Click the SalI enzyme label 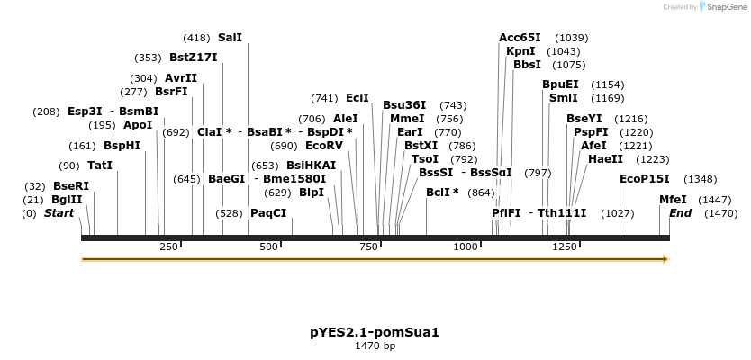pyautogui.click(x=230, y=38)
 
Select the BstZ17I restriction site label pyautogui.click(x=193, y=58)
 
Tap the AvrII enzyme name pyautogui.click(x=180, y=78)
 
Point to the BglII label pyautogui.click(x=66, y=200)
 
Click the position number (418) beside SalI pyautogui.click(x=196, y=38)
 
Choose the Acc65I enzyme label pyautogui.click(x=520, y=38)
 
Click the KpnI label pyautogui.click(x=520, y=51)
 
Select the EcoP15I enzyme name pyautogui.click(x=645, y=179)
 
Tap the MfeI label pyautogui.click(x=673, y=200)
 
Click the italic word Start pyautogui.click(x=59, y=213)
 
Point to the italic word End pyautogui.click(x=681, y=213)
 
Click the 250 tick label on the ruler pyautogui.click(x=168, y=247)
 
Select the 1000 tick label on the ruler pyautogui.click(x=466, y=247)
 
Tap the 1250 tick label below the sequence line pyautogui.click(x=566, y=247)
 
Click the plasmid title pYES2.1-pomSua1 pyautogui.click(x=375, y=332)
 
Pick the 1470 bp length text pyautogui.click(x=375, y=346)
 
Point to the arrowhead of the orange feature pyautogui.click(x=665, y=259)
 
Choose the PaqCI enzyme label pyautogui.click(x=268, y=213)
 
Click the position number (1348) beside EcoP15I pyautogui.click(x=700, y=179)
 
